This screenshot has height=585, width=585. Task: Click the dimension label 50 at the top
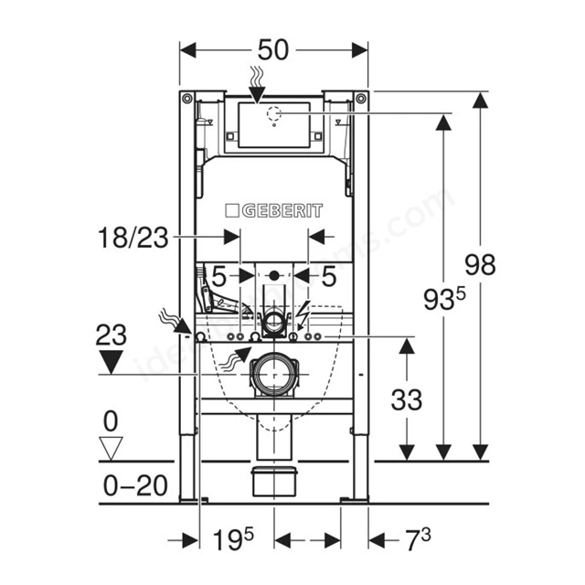click(273, 50)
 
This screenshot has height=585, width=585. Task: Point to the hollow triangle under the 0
click(112, 448)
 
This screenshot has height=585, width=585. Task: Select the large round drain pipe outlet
click(273, 373)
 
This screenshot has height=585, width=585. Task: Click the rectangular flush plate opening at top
click(272, 122)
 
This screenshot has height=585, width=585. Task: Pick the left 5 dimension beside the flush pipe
click(220, 274)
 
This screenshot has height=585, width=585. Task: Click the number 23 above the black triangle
click(112, 335)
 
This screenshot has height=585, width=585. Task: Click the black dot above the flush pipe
click(273, 274)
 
